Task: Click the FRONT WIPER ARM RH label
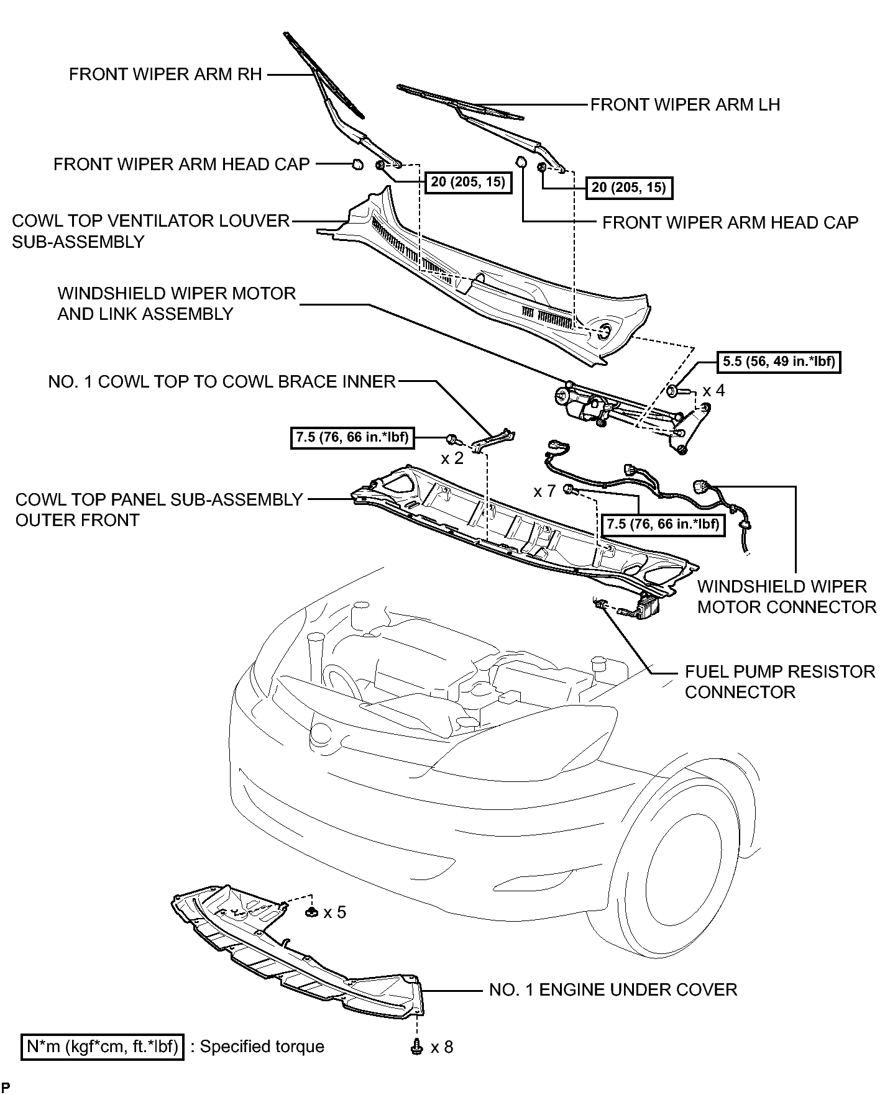pyautogui.click(x=165, y=75)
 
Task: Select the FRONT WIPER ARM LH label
pyautogui.click(x=685, y=104)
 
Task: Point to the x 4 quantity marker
pyautogui.click(x=714, y=391)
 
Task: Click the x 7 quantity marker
pyautogui.click(x=544, y=491)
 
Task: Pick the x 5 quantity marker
pyautogui.click(x=334, y=912)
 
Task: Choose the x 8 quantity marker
pyautogui.click(x=441, y=1047)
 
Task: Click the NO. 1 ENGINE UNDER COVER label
pyautogui.click(x=613, y=989)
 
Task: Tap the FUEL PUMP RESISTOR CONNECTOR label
pyautogui.click(x=780, y=682)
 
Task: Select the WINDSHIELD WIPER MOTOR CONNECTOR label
pyautogui.click(x=787, y=597)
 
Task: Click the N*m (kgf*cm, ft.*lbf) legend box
pyautogui.click(x=103, y=1047)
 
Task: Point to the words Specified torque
pyautogui.click(x=262, y=1047)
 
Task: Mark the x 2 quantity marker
pyautogui.click(x=452, y=459)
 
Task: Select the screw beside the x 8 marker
pyautogui.click(x=416, y=1047)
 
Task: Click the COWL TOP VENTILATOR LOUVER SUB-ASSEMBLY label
pyautogui.click(x=151, y=231)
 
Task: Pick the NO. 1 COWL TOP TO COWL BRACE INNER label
pyautogui.click(x=222, y=381)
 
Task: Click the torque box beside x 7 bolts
pyautogui.click(x=664, y=524)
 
